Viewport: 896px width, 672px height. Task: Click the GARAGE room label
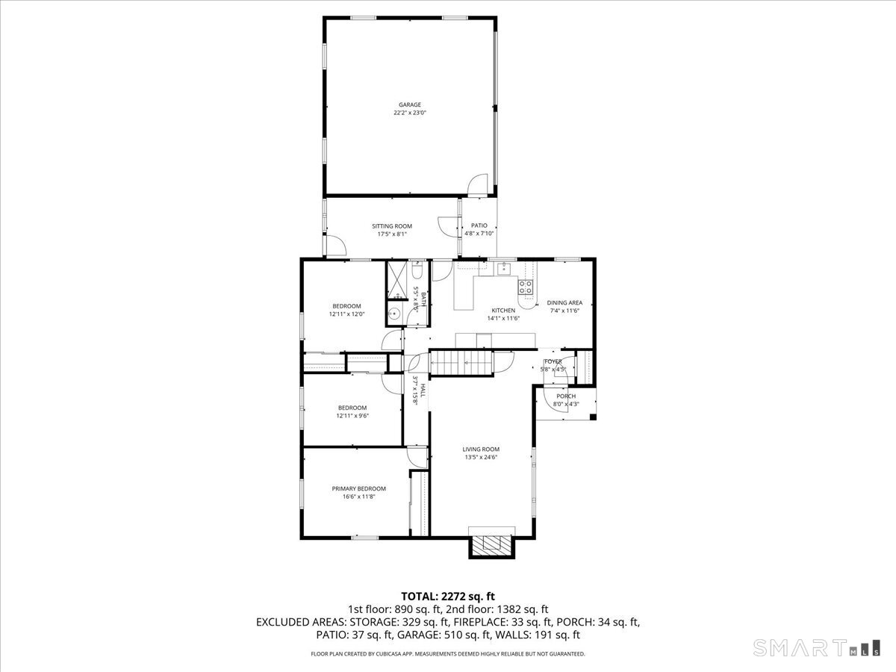[409, 105]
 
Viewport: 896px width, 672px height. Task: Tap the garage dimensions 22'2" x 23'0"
[409, 113]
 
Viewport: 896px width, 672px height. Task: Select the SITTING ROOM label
[392, 226]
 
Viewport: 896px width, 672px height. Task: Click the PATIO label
[479, 225]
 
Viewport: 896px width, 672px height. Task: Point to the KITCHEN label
[503, 311]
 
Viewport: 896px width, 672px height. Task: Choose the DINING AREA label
[564, 302]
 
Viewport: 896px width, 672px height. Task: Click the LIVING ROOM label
[480, 449]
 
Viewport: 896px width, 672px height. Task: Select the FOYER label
[553, 361]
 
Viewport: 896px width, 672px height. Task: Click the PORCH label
[566, 396]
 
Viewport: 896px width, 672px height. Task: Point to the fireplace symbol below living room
[491, 544]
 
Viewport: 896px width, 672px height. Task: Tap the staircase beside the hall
[463, 363]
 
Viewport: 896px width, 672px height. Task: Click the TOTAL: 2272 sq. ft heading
[448, 596]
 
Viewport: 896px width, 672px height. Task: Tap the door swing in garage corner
[479, 184]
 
